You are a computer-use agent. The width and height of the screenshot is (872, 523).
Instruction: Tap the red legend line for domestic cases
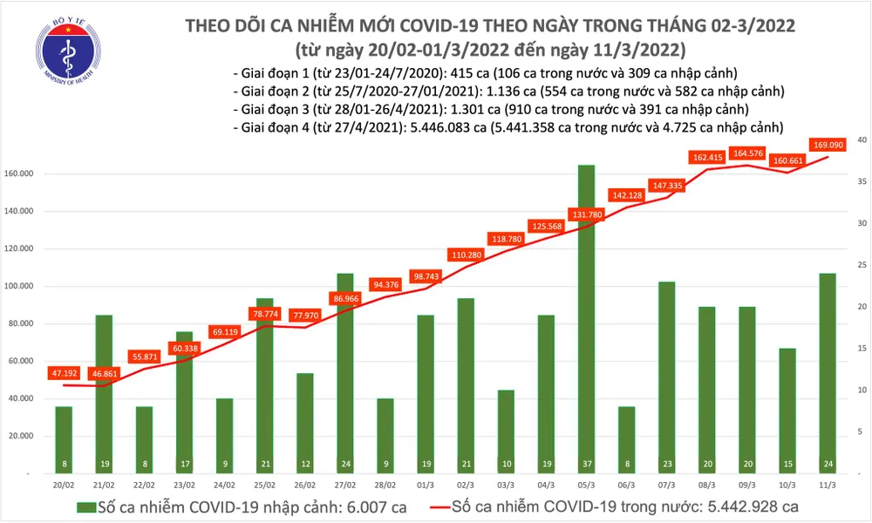[446, 507]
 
